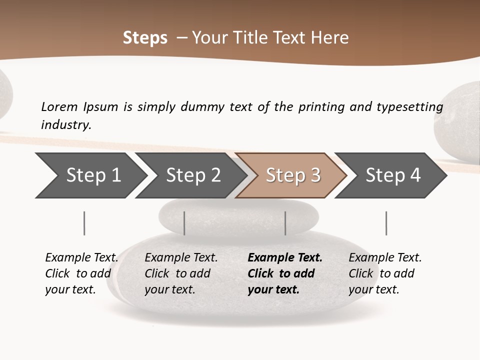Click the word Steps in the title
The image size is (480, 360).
point(145,38)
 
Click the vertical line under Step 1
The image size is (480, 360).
point(84,223)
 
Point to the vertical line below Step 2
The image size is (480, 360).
point(184,223)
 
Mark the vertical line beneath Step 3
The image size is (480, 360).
point(285,223)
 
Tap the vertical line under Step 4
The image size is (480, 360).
point(386,223)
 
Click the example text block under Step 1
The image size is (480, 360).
point(81,273)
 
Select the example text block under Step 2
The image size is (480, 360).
point(181,273)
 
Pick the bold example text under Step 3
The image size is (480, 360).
point(285,273)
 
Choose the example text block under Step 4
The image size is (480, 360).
point(385,273)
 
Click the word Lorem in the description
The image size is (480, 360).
point(59,106)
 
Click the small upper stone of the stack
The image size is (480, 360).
point(239,216)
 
